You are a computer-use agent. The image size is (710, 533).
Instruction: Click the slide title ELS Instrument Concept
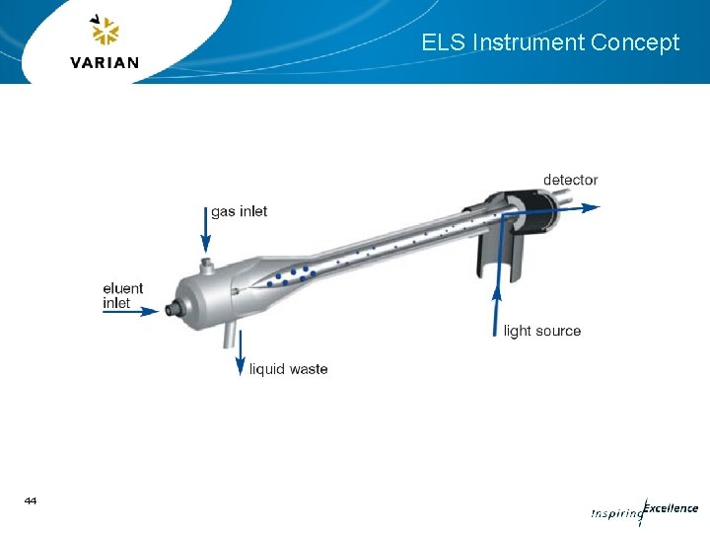point(550,42)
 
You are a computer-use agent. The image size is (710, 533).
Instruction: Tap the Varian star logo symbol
point(104,32)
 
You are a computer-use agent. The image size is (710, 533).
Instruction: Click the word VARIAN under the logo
point(105,63)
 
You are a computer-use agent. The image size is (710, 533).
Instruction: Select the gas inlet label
point(239,211)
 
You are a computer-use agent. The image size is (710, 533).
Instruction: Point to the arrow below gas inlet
point(206,238)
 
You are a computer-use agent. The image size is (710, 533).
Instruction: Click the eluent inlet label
point(122,295)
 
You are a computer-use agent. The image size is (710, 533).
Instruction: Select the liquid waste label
point(288,369)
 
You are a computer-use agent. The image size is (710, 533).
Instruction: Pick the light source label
point(541,331)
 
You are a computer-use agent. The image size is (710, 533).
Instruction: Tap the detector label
point(570,180)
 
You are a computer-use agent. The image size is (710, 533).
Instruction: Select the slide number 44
point(31,501)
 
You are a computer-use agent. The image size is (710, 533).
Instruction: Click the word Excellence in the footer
point(671,508)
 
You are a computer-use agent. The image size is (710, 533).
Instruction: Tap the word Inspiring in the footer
point(615,513)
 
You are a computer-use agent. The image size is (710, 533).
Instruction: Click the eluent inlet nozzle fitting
point(175,308)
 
